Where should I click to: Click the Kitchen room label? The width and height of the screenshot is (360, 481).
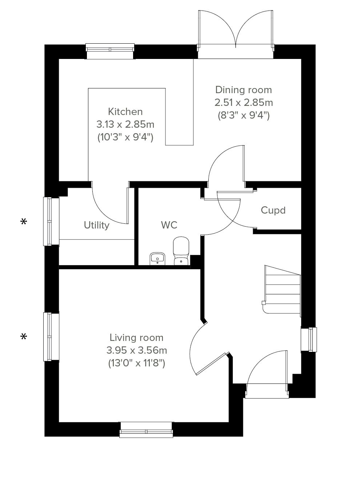(x=125, y=112)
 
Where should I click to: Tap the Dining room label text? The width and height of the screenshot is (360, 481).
(x=244, y=90)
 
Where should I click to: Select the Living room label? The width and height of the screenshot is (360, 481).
(x=136, y=338)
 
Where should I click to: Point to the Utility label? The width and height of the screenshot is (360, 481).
(x=97, y=225)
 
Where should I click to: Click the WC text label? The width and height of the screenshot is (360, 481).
(x=169, y=225)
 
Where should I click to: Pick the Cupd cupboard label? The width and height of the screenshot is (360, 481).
(x=273, y=210)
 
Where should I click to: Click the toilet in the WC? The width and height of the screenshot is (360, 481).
(x=181, y=251)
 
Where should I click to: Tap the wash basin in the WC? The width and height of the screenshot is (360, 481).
(x=157, y=259)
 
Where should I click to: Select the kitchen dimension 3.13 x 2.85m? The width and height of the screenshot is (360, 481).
(x=125, y=124)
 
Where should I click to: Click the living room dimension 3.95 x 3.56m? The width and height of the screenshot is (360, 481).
(x=137, y=350)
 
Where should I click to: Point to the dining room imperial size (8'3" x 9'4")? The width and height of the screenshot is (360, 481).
(x=244, y=115)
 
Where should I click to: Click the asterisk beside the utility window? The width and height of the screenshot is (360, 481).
(x=24, y=222)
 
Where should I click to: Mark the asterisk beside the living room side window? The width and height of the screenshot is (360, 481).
(x=24, y=336)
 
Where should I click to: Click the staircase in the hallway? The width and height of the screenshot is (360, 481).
(x=281, y=291)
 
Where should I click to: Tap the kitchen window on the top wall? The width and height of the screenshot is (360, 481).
(x=110, y=51)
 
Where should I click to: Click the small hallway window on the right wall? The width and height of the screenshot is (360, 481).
(x=309, y=339)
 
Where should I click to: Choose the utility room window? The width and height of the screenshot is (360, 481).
(x=51, y=221)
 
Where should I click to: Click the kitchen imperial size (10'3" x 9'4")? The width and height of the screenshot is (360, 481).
(x=125, y=138)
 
